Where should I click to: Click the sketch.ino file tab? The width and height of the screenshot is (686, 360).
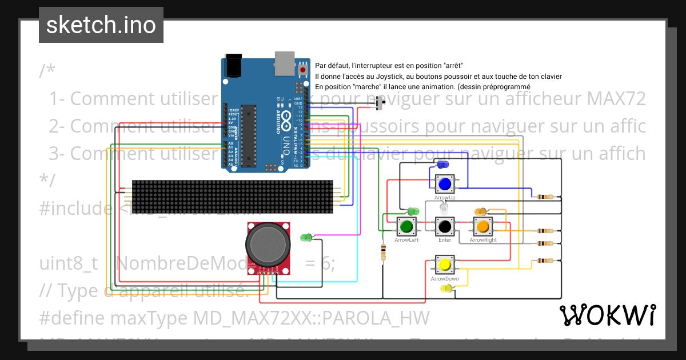[x=101, y=25]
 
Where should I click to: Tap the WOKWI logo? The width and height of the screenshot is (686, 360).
[x=607, y=315]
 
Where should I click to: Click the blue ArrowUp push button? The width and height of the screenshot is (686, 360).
[x=445, y=184]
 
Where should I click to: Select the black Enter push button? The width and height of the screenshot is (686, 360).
[x=445, y=227]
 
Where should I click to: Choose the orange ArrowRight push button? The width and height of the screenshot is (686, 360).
[x=482, y=227]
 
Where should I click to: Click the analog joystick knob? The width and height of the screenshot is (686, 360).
[x=268, y=243]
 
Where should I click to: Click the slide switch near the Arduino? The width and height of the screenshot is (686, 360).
[x=382, y=103]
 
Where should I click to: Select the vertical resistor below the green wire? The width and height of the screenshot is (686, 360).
[x=382, y=251]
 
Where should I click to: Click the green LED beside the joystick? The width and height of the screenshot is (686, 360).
[x=306, y=237]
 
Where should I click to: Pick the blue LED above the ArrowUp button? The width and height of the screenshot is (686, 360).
[x=442, y=165]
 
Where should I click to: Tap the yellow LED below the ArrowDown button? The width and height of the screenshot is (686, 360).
[x=446, y=289]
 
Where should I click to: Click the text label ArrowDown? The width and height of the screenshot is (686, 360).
[x=445, y=279]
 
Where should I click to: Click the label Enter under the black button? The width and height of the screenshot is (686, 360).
[x=445, y=240]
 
